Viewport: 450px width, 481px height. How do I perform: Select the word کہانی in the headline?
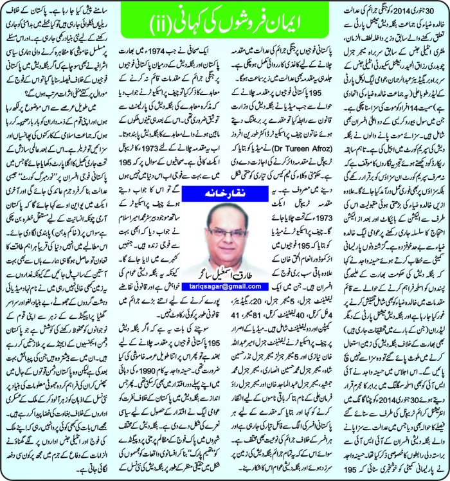click(190, 25)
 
